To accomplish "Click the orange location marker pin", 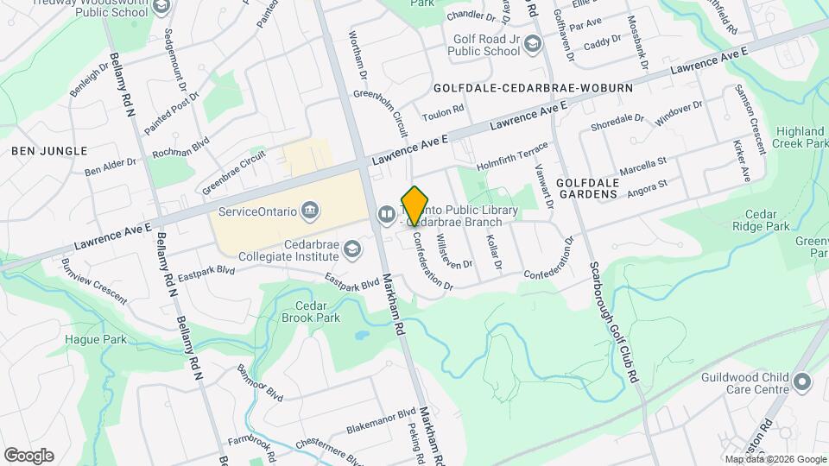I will pyautogui.click(x=415, y=205).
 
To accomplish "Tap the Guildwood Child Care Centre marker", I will pyautogui.click(x=802, y=381).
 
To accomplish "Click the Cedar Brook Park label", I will pyautogui.click(x=311, y=312).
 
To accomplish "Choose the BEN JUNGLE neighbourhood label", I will pyautogui.click(x=49, y=151).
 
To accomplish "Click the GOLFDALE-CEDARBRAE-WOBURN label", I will pyautogui.click(x=533, y=88).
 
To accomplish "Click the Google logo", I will pyautogui.click(x=28, y=456).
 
